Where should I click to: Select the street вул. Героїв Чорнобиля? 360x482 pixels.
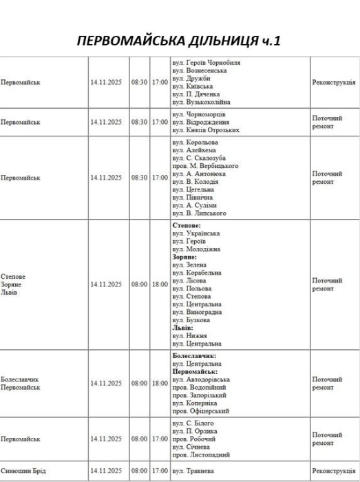pos(206,63)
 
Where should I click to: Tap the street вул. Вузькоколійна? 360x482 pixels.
pos(201,102)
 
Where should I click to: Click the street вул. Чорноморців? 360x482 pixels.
pos(199,114)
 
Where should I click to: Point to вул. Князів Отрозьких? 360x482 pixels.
pos(206,130)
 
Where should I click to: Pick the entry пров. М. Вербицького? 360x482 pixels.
pos(205,166)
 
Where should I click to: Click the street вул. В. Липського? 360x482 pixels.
pos(199,213)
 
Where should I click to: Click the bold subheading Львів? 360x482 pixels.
pos(183,328)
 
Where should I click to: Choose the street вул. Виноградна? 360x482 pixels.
pos(199,312)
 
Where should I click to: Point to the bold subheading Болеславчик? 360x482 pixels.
pos(194,356)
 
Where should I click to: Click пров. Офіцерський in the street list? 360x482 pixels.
pos(200,411)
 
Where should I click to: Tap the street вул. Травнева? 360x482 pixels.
pos(193,471)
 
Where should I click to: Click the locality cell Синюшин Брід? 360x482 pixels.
pos(23,471)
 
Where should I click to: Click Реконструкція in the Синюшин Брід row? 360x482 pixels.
pos(334,471)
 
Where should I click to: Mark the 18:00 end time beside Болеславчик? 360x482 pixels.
pos(160,384)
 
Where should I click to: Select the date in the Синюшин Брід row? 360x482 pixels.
pos(105,471)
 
